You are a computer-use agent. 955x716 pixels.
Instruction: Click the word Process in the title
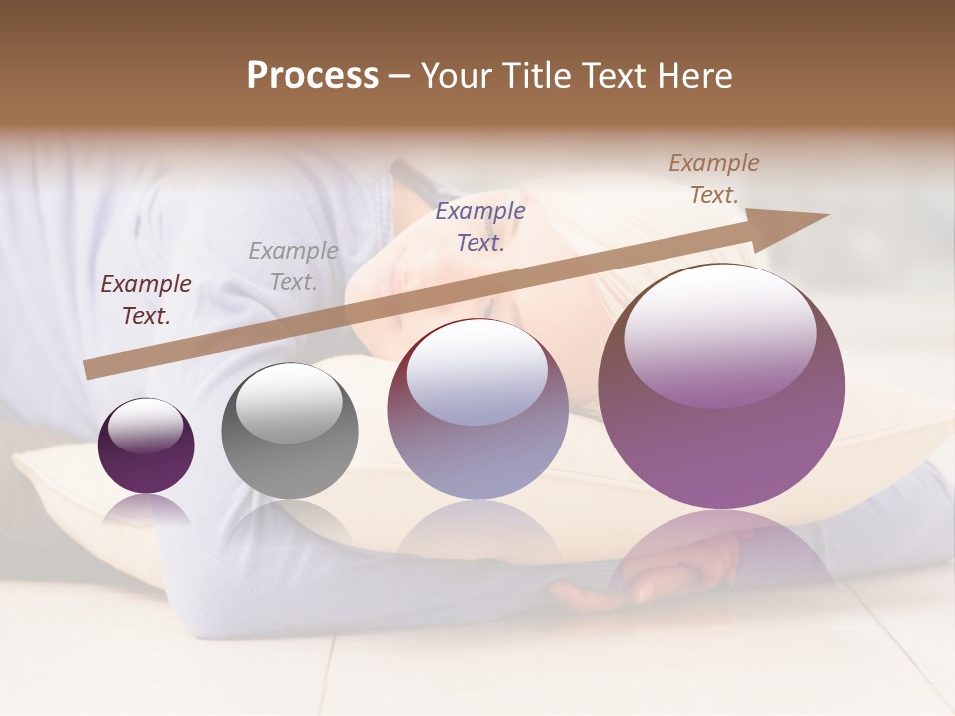312,76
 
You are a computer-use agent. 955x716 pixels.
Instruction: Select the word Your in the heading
456,76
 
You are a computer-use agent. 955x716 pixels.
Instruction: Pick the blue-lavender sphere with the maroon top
477,409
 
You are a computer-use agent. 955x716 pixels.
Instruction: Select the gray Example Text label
293,267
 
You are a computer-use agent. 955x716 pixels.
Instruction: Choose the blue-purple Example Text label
480,227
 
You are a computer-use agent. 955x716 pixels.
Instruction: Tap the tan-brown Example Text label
714,179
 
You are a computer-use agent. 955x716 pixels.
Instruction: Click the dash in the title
400,76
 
